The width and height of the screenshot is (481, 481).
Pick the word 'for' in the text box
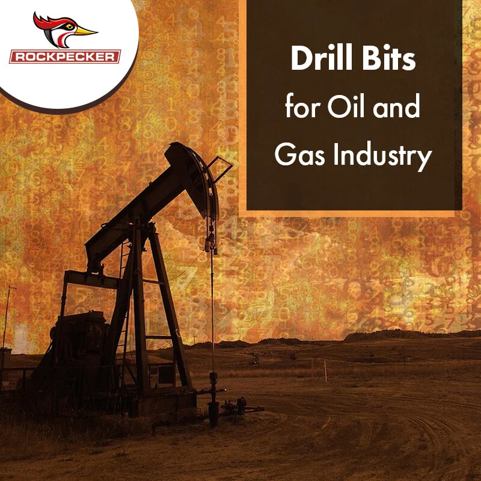pyautogui.click(x=298, y=108)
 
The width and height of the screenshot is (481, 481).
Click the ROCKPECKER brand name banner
pyautogui.click(x=66, y=57)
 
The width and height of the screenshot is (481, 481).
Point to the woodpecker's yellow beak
pyautogui.click(x=86, y=30)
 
